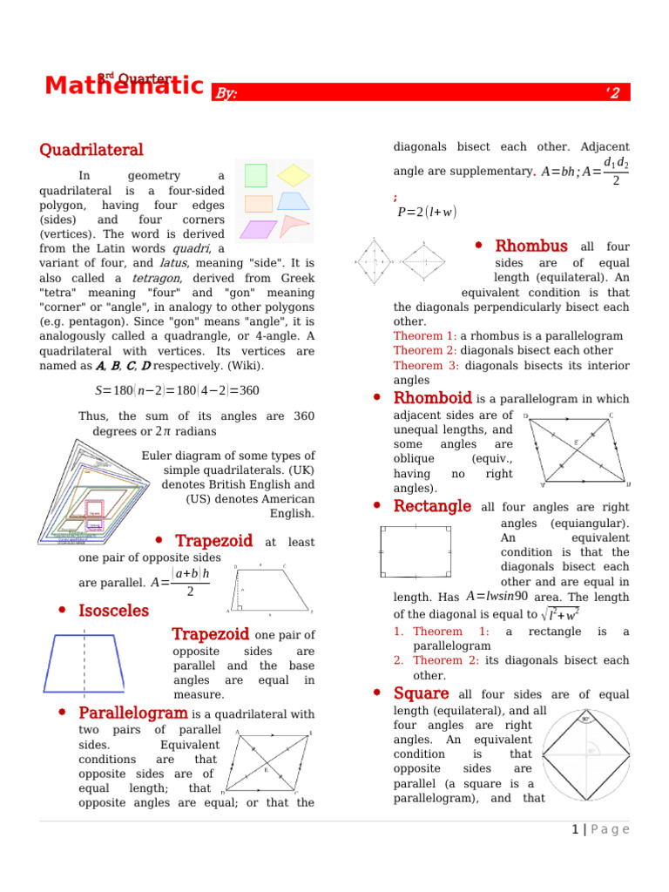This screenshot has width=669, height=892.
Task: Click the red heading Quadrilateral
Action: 91,151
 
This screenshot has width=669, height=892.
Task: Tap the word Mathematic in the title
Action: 124,86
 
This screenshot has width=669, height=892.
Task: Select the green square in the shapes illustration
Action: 255,175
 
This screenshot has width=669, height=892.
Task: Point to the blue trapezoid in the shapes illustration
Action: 294,201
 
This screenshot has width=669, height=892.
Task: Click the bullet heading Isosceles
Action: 113,611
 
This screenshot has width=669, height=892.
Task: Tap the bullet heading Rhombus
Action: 530,247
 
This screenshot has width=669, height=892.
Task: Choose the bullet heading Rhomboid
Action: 432,398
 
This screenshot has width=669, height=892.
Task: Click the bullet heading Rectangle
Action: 432,506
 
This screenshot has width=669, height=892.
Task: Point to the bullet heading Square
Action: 421,693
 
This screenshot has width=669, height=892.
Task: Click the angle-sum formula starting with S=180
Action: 177,390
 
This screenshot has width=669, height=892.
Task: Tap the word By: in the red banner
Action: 226,93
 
